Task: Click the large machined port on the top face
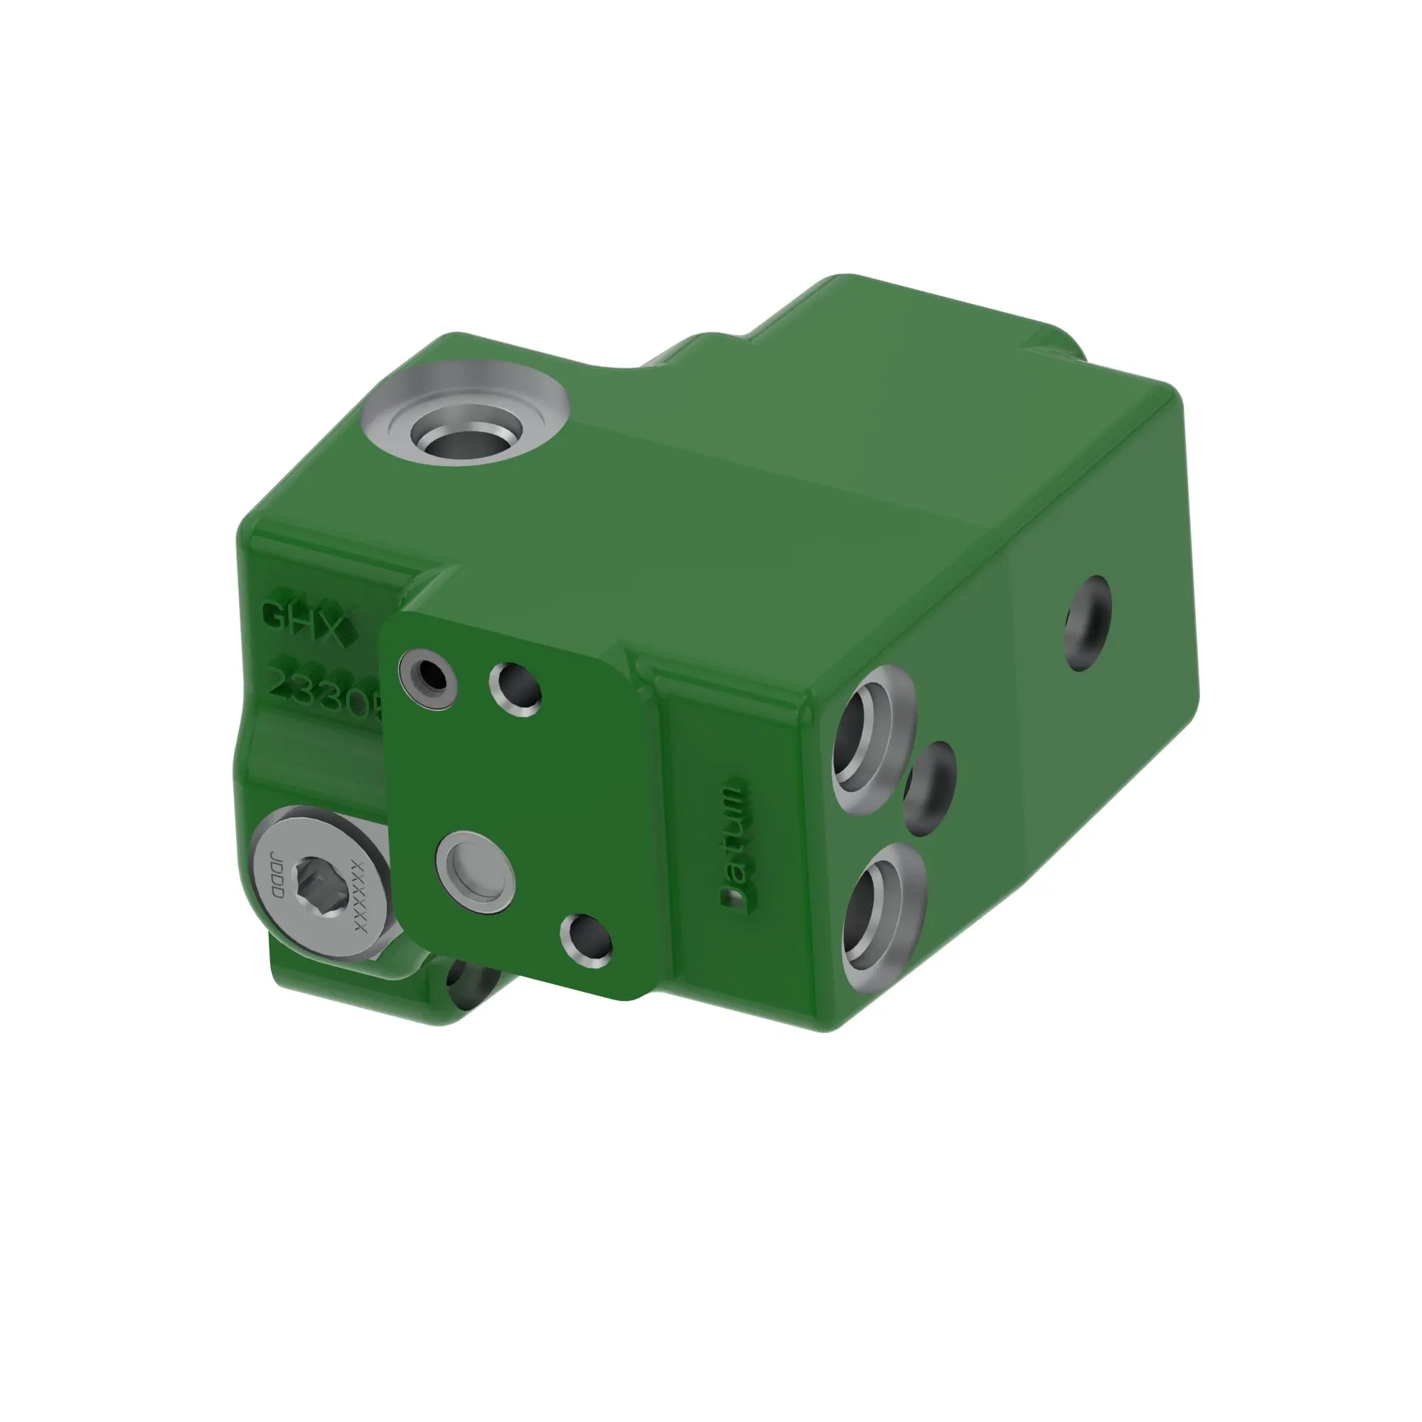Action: (465, 432)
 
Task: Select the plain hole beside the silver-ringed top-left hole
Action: (516, 689)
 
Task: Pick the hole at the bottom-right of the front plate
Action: (586, 941)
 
